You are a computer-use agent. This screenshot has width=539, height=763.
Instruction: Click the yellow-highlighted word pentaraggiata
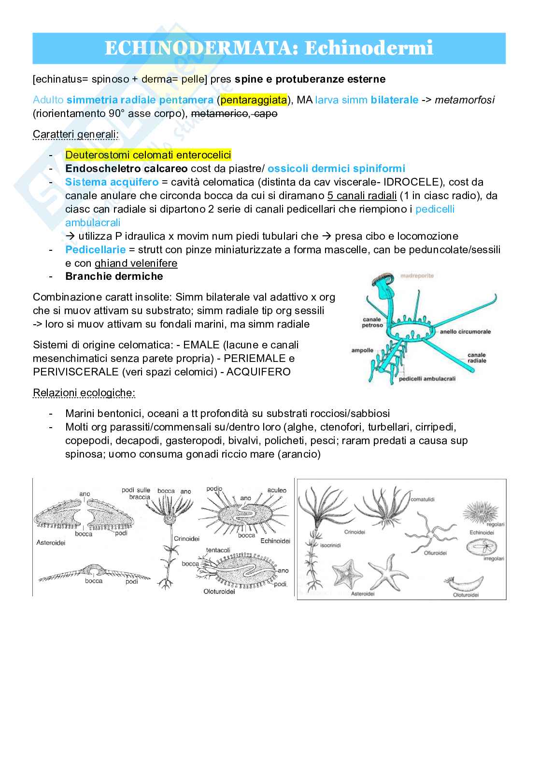tap(254, 100)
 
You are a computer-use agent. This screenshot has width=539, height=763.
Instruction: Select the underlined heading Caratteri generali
tap(75, 134)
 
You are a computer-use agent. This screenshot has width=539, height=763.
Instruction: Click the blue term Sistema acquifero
tap(112, 182)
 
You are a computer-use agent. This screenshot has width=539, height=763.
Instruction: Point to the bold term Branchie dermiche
tap(114, 276)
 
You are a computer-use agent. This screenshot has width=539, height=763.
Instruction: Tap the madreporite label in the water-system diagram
tap(417, 275)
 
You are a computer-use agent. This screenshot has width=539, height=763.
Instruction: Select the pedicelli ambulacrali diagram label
tap(427, 379)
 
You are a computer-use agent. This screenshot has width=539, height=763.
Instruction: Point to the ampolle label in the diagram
tap(362, 350)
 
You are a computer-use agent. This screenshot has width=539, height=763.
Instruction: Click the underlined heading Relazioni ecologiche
tap(84, 392)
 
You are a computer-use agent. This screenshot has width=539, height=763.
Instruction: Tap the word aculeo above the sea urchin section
tap(277, 490)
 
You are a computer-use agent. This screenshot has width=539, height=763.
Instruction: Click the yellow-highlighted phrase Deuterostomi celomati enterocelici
tap(148, 155)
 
